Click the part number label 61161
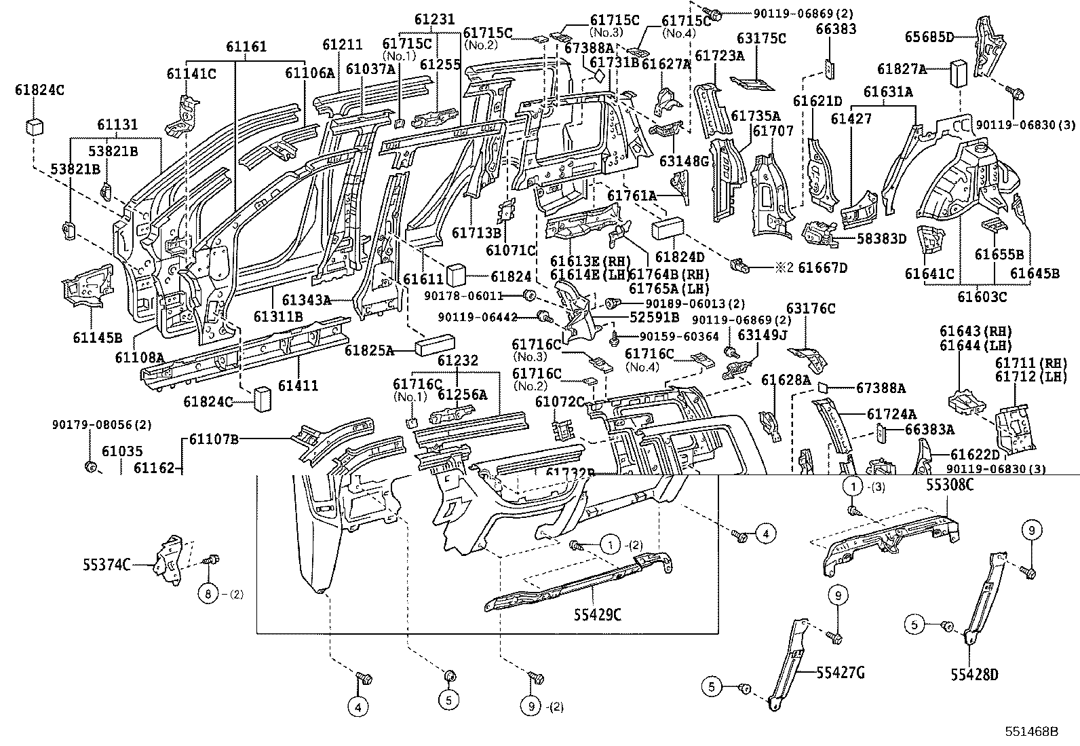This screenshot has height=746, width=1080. coord(246,47)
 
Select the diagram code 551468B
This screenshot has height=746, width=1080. coord(1032,732)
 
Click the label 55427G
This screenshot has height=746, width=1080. coord(840,673)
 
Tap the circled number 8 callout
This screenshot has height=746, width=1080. coord(208,594)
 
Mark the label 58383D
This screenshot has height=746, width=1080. coord(881,238)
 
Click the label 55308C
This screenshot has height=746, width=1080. coord(950,486)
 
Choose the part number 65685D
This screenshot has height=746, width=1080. coord(929,37)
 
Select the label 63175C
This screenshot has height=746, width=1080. coord(761,39)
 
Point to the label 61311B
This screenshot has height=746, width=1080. coord(278,316)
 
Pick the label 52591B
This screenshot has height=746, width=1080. coord(654,317)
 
